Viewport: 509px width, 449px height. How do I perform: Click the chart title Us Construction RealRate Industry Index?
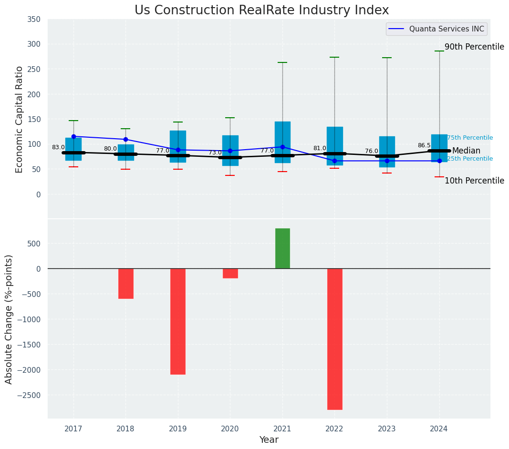[x=261, y=10]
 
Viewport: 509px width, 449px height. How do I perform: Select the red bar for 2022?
[x=334, y=338]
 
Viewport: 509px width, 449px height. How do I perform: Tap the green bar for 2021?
[x=282, y=248]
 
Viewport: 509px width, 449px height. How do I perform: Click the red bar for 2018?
[x=126, y=283]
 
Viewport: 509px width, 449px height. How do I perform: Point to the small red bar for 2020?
[x=230, y=273]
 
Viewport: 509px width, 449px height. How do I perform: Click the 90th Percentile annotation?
[x=474, y=47]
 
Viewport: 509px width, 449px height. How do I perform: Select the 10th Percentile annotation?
[x=474, y=181]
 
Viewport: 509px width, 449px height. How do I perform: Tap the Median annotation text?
[x=466, y=151]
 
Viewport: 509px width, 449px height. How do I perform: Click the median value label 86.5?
[x=424, y=145]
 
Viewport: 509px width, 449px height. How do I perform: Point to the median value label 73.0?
[x=215, y=153]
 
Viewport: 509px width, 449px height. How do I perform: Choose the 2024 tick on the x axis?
[x=439, y=429]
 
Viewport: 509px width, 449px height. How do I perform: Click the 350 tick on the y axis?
[x=34, y=20]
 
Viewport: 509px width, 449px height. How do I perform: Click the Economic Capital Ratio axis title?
[x=20, y=119]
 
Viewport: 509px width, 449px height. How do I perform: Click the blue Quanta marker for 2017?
[x=73, y=137]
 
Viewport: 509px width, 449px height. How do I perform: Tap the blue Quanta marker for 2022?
[x=334, y=161]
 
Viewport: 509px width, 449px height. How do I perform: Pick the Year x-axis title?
[x=269, y=440]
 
